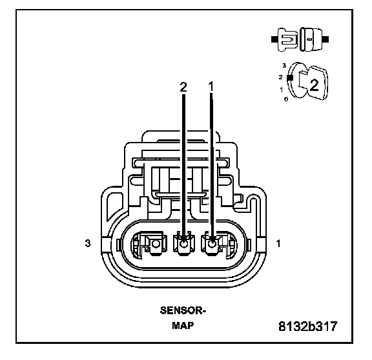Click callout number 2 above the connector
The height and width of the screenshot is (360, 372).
click(x=183, y=87)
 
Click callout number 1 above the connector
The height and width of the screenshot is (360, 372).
click(x=211, y=86)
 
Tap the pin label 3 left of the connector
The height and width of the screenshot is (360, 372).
click(x=88, y=243)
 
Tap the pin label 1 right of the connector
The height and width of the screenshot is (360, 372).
click(x=278, y=243)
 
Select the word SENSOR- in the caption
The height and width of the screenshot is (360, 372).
click(x=183, y=310)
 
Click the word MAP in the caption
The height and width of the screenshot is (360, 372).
click(x=183, y=325)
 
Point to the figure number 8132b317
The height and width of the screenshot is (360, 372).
click(x=307, y=326)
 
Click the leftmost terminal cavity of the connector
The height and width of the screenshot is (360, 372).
click(x=149, y=244)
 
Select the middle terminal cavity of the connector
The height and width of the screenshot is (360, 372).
click(x=184, y=244)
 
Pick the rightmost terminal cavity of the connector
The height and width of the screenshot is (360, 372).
click(x=219, y=244)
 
